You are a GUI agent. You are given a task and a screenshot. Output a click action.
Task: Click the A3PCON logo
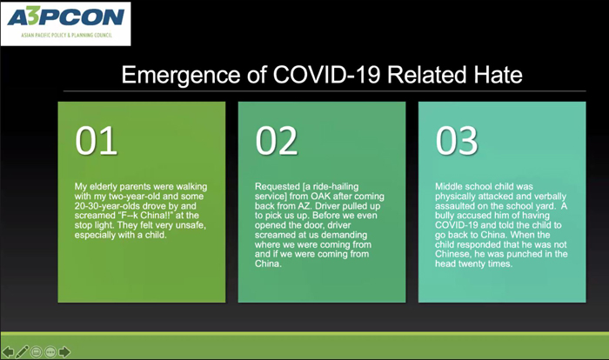click(x=65, y=23)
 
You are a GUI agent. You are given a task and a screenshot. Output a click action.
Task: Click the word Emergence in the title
click(x=181, y=75)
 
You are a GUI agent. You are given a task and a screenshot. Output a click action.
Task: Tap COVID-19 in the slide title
click(x=326, y=74)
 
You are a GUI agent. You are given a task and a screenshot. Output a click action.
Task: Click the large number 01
click(x=97, y=141)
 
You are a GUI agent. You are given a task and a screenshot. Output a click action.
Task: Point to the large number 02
click(x=277, y=141)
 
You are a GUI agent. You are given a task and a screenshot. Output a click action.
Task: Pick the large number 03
click(x=457, y=141)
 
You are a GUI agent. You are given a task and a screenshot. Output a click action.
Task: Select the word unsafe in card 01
click(x=191, y=225)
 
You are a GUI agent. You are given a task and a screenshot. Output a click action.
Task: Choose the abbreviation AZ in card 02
click(x=304, y=206)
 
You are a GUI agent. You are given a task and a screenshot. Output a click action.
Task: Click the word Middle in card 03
click(x=448, y=187)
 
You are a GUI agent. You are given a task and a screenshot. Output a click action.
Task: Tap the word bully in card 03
click(x=445, y=216)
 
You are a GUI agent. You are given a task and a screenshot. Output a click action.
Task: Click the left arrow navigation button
click(x=8, y=352)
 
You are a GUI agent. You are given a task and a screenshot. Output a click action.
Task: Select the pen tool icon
click(x=22, y=352)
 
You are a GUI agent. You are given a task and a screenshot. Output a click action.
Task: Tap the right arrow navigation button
click(x=64, y=352)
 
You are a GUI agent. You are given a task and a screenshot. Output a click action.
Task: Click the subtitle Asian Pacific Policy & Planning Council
click(x=66, y=36)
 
